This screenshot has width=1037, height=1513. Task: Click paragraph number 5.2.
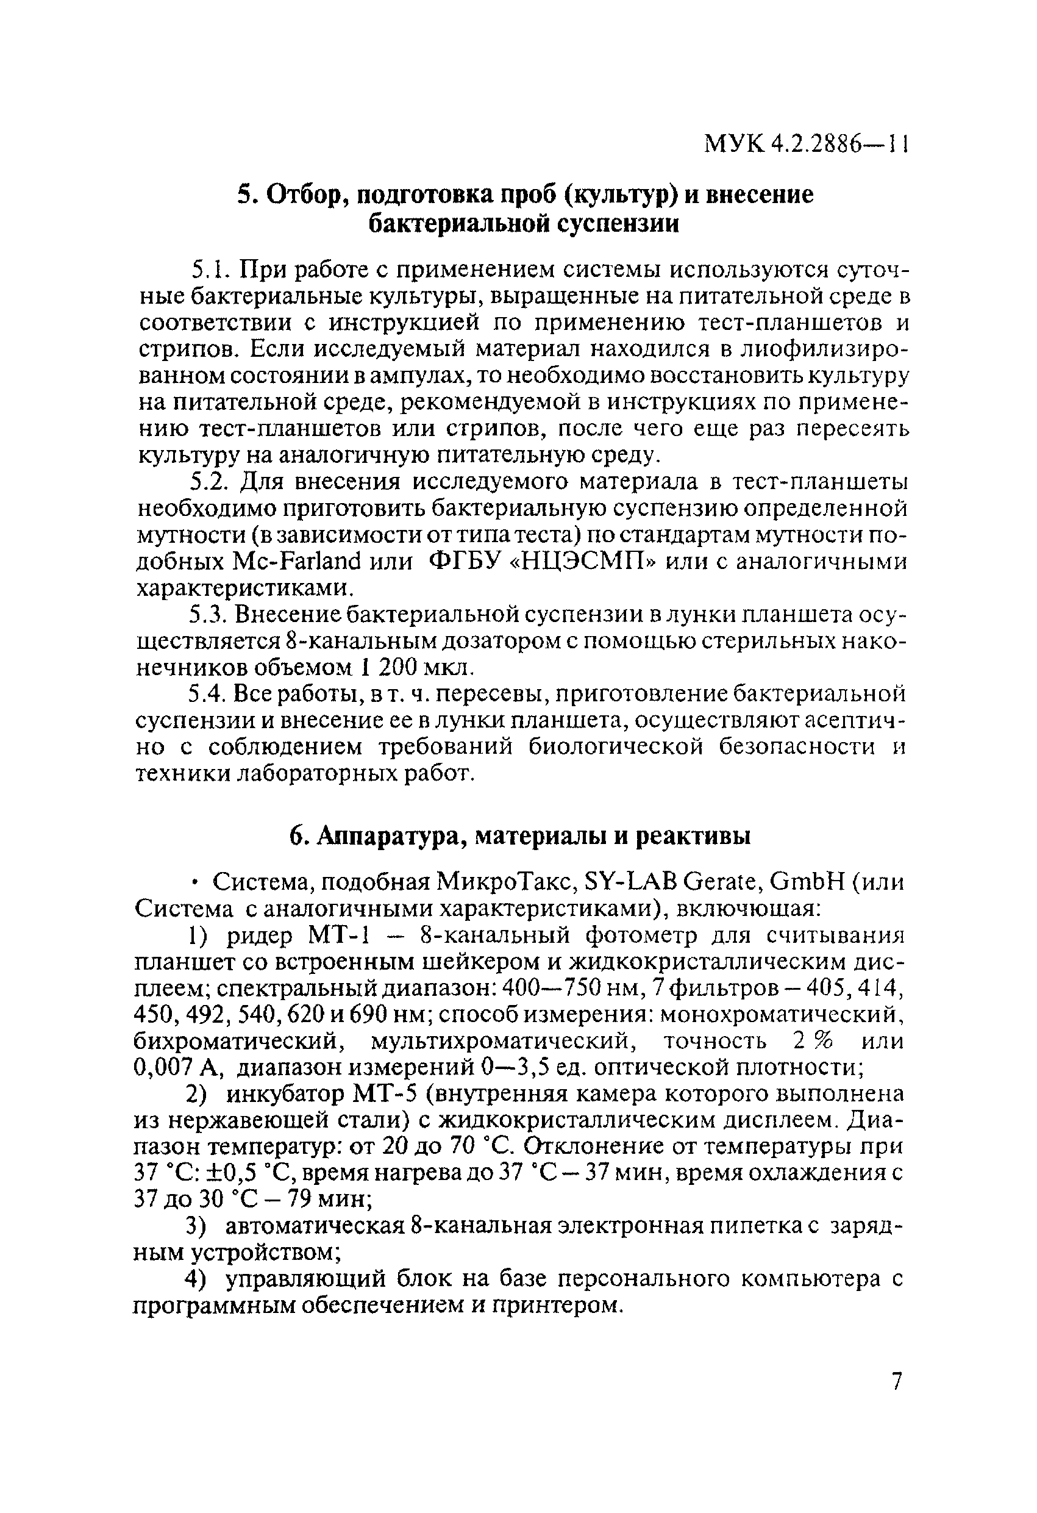(x=208, y=482)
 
